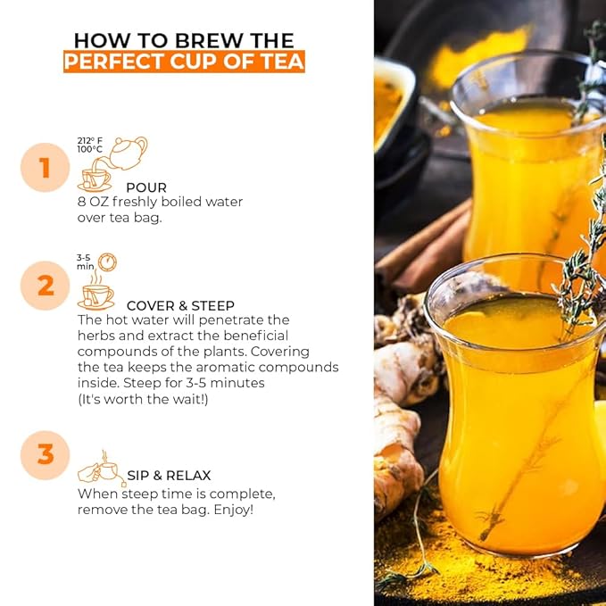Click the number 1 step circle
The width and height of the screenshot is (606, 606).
tap(46, 168)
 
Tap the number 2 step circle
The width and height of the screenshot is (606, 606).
tap(46, 286)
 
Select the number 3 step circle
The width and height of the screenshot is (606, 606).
tap(46, 455)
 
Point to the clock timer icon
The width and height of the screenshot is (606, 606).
tap(107, 262)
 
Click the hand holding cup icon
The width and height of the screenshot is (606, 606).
tap(102, 469)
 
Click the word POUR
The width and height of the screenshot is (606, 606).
tap(146, 187)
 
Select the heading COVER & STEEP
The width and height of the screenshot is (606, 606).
tap(180, 306)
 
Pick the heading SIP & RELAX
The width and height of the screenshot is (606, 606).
tap(169, 476)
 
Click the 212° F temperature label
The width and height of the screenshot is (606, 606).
tap(89, 141)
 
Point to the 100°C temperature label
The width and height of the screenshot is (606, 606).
tap(89, 149)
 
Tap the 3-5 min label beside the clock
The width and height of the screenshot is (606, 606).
tap(85, 262)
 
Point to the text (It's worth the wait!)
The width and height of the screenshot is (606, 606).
tap(143, 399)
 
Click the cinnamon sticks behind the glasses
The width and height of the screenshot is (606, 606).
tap(424, 247)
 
